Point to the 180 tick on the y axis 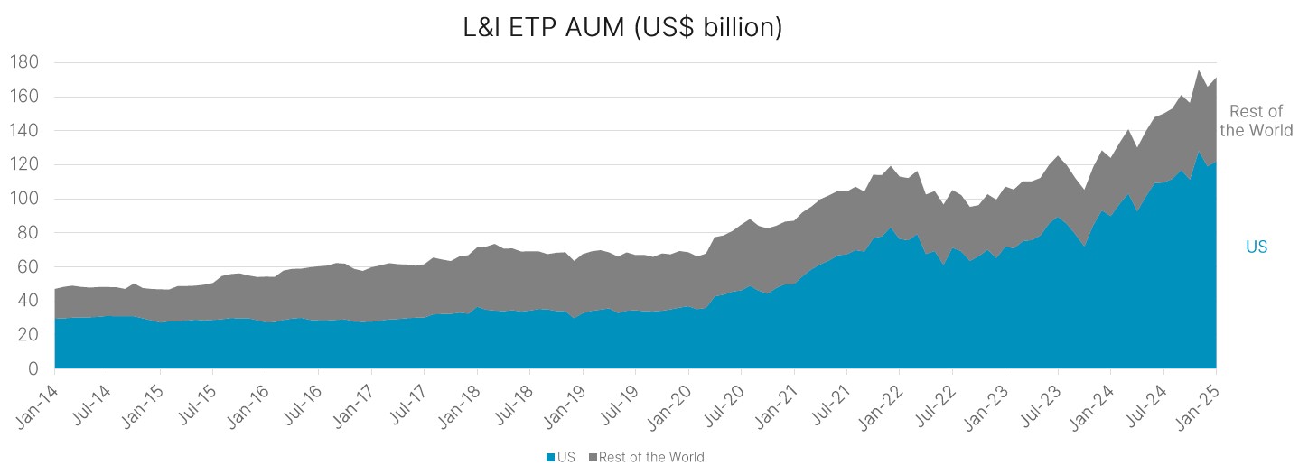coord(24,62)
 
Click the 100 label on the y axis coord(24,199)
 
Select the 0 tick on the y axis coord(34,368)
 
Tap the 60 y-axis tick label coord(27,266)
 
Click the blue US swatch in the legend coord(550,457)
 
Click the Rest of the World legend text coord(650,457)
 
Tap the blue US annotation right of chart coord(1256,247)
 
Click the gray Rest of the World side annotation coord(1256,121)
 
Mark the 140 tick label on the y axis coord(24,130)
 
